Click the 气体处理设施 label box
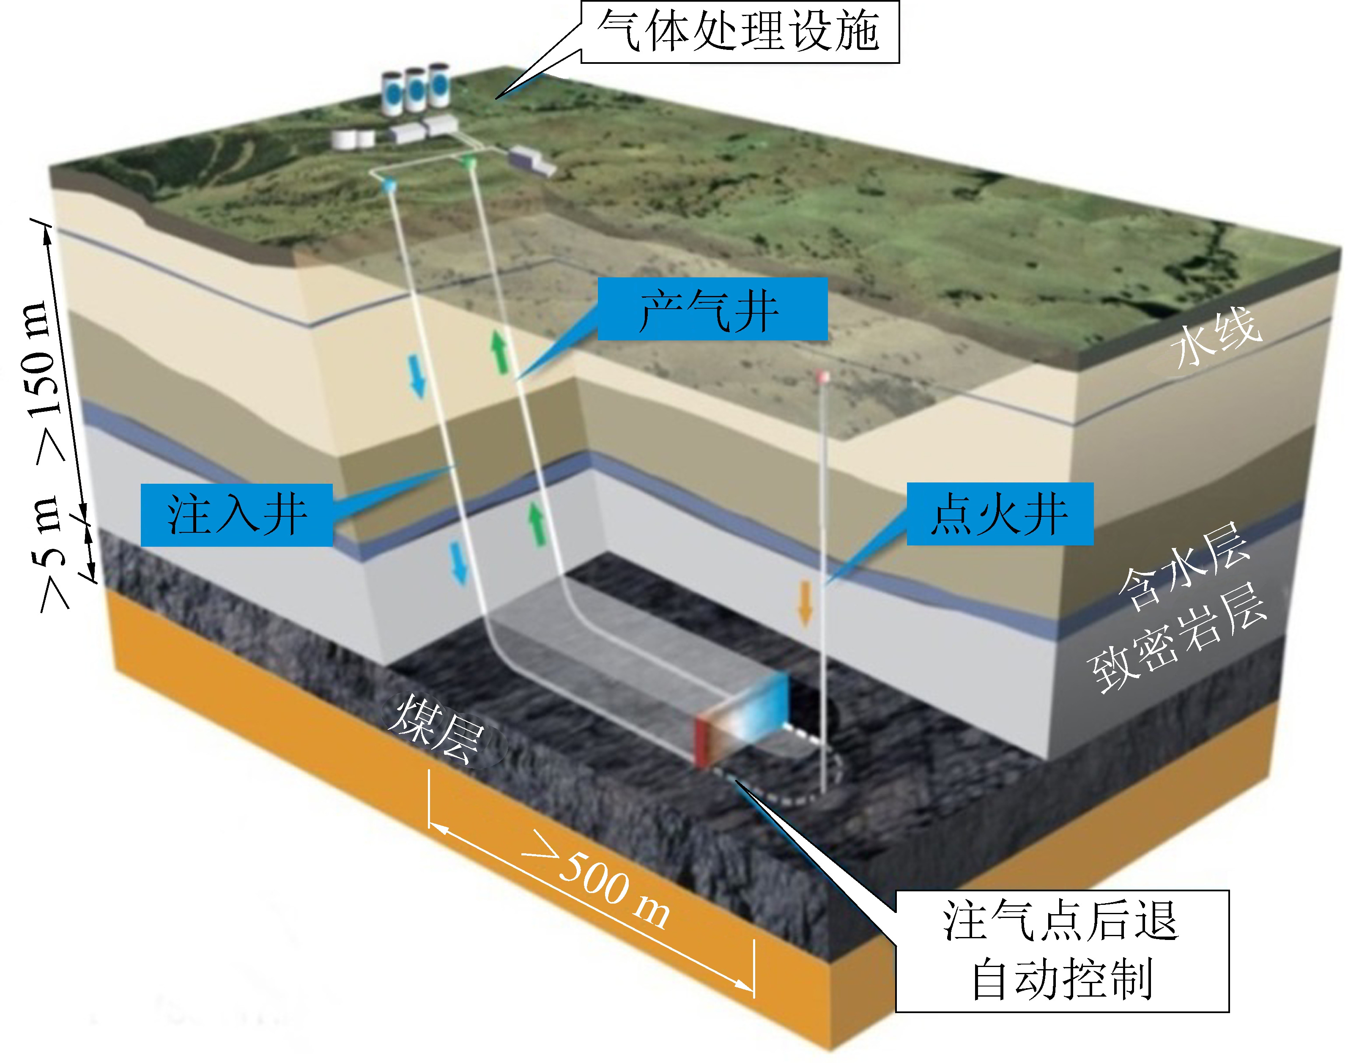click(x=740, y=31)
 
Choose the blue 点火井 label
click(x=1000, y=514)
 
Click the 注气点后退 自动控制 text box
click(x=1062, y=951)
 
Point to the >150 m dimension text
click(x=47, y=380)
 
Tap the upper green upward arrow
click(x=499, y=352)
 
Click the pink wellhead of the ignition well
click(x=823, y=376)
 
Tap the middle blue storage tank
click(x=415, y=90)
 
